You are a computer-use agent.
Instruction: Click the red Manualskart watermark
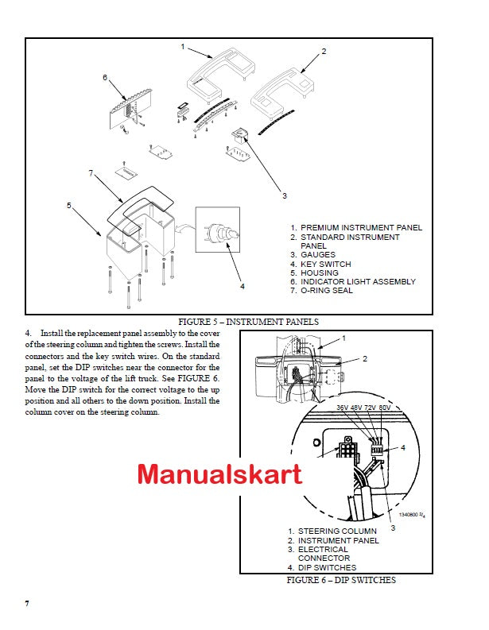pyautogui.click(x=220, y=474)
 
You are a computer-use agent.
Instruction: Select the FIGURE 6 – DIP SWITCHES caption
pyautogui.click(x=341, y=580)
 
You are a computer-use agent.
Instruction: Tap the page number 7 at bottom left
pyautogui.click(x=27, y=604)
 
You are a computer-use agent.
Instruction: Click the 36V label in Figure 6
pyautogui.click(x=343, y=408)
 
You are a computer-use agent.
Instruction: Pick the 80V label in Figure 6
pyautogui.click(x=386, y=408)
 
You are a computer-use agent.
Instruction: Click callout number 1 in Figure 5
pyautogui.click(x=182, y=47)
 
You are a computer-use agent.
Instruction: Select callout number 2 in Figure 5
pyautogui.click(x=324, y=51)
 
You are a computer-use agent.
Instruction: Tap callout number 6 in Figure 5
pyautogui.click(x=104, y=77)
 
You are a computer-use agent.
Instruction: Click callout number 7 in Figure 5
pyautogui.click(x=91, y=172)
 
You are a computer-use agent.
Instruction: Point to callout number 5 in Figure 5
pyautogui.click(x=69, y=205)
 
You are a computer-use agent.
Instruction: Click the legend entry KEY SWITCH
pyautogui.click(x=325, y=264)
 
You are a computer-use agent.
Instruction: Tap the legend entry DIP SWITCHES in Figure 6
pyautogui.click(x=327, y=567)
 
